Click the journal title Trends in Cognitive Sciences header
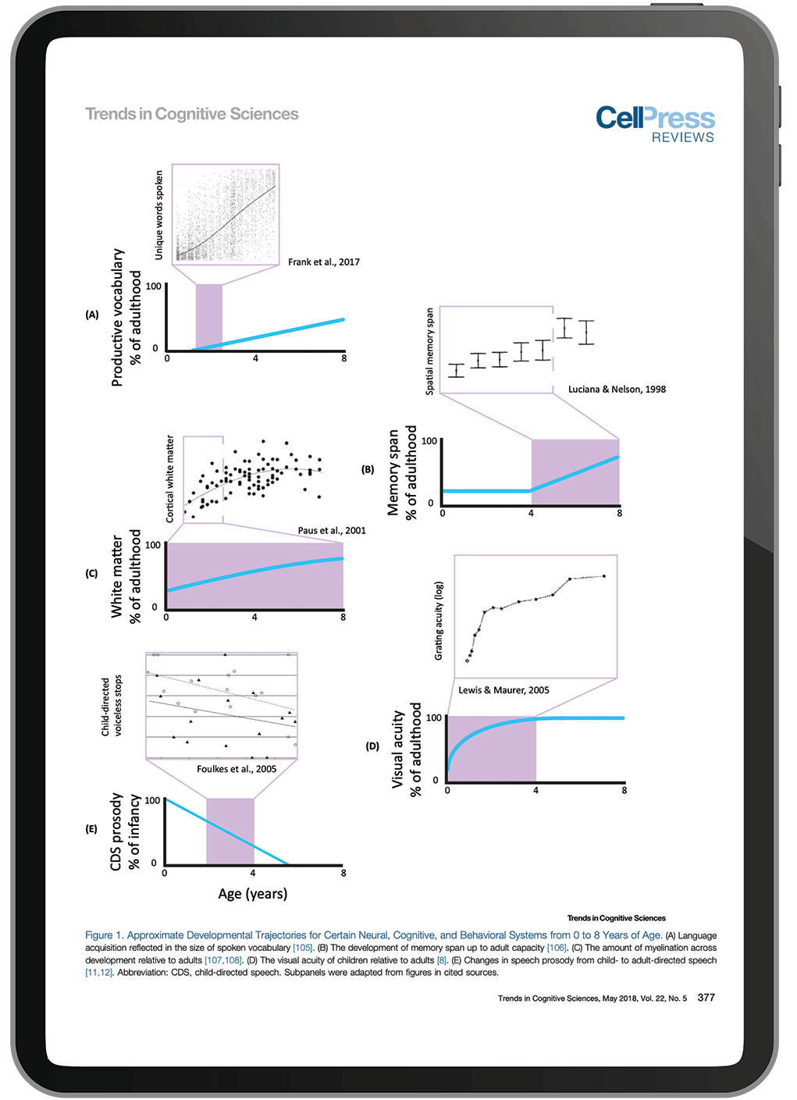(x=191, y=114)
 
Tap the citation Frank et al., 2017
(x=323, y=262)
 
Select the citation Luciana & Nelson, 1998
(x=617, y=389)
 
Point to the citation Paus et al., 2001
(x=332, y=530)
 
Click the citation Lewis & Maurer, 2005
(x=503, y=690)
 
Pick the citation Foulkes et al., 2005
(x=237, y=769)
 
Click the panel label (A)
(x=92, y=315)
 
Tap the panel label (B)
(x=368, y=469)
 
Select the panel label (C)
(x=92, y=573)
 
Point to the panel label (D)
(x=372, y=746)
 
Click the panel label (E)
(x=92, y=829)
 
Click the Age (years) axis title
(x=252, y=894)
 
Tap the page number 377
(x=706, y=998)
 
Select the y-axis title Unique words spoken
(x=159, y=215)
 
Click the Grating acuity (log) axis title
(x=439, y=621)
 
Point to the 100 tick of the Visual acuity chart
(x=434, y=717)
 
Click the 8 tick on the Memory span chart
(x=620, y=513)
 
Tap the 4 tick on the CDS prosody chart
(x=253, y=873)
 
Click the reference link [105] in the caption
(x=302, y=948)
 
